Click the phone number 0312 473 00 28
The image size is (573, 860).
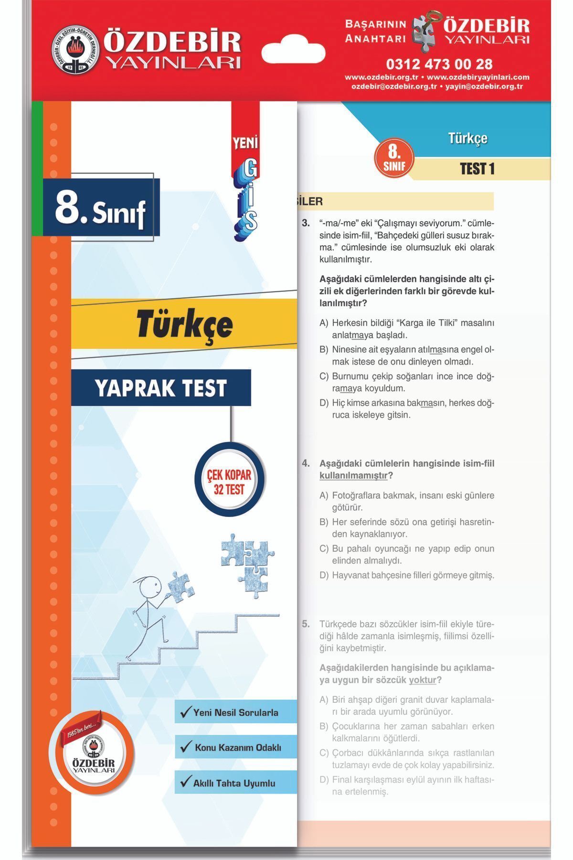coord(439,64)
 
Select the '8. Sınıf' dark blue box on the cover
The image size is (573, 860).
coord(101,208)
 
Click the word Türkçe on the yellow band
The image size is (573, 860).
coord(184,324)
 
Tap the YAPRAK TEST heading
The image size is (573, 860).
coord(161,388)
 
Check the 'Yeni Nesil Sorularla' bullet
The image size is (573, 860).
coord(235,712)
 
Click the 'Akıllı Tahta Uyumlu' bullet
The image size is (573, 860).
coord(234,783)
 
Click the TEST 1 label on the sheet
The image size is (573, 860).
coord(477,169)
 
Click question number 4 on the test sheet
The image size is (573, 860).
coord(306,463)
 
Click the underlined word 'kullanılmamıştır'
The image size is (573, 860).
coord(353,476)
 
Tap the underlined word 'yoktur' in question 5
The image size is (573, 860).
coord(423,680)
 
